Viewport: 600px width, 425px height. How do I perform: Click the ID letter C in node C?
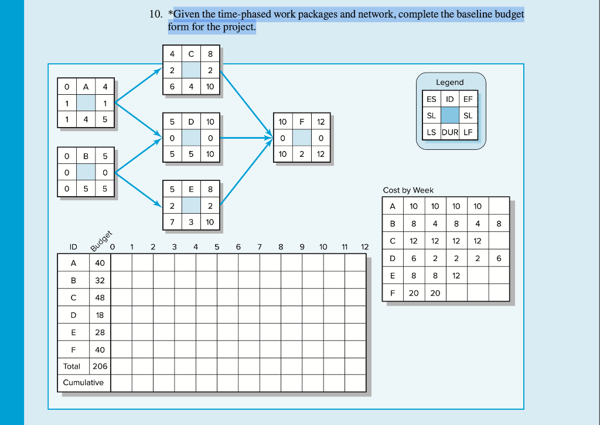click(x=191, y=54)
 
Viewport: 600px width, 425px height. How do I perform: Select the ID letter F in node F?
click(x=302, y=122)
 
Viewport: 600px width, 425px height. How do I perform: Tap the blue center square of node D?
click(x=191, y=138)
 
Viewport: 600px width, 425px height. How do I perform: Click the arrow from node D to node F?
click(x=246, y=138)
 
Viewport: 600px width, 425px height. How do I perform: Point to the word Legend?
click(x=449, y=83)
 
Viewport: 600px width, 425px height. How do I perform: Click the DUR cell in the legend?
click(x=450, y=132)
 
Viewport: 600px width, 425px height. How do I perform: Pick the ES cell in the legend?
click(x=431, y=100)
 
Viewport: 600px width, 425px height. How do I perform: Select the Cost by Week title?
click(x=408, y=190)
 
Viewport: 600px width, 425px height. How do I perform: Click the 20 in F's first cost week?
click(x=414, y=293)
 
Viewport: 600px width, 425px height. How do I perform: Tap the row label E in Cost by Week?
click(x=392, y=276)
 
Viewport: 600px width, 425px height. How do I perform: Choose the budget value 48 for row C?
click(x=100, y=298)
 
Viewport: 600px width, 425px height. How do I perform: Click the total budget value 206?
click(x=100, y=366)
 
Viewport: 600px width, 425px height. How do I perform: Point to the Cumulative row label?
click(x=83, y=383)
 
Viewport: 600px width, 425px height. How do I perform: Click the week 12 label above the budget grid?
click(x=364, y=247)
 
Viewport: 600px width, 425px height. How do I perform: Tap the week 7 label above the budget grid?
click(x=259, y=247)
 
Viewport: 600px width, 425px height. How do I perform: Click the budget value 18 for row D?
click(x=100, y=315)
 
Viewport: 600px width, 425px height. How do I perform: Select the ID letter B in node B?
click(x=86, y=156)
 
